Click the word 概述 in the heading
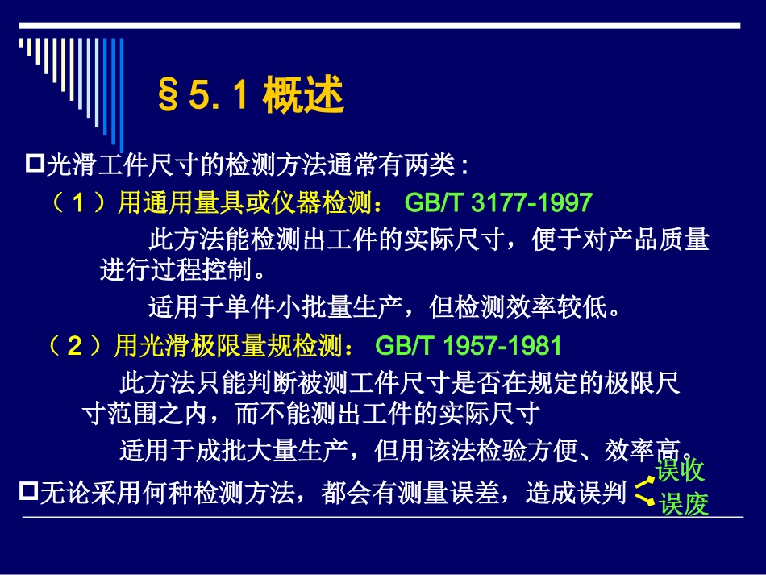304,96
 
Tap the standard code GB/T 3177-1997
498,202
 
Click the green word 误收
680,470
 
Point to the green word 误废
684,504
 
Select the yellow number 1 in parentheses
78,202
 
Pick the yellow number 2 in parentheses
74,347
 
